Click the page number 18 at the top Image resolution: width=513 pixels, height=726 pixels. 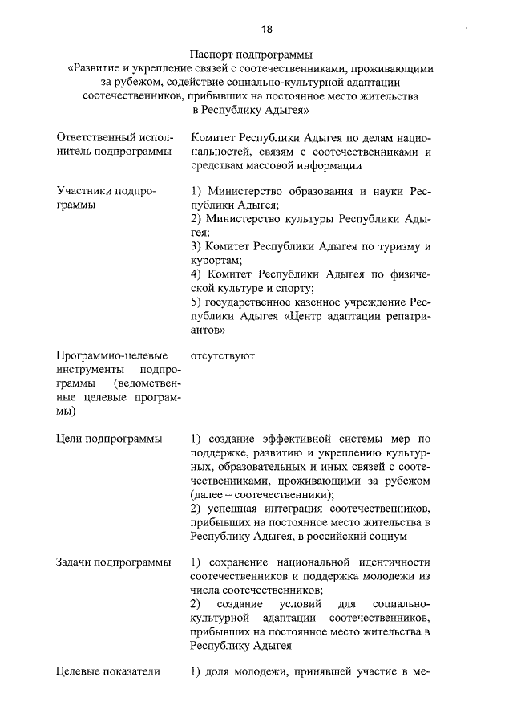point(267,30)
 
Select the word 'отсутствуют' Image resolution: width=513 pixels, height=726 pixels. point(223,355)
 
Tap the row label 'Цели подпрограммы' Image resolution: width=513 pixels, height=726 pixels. point(109,439)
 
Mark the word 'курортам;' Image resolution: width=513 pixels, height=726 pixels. point(216,260)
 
